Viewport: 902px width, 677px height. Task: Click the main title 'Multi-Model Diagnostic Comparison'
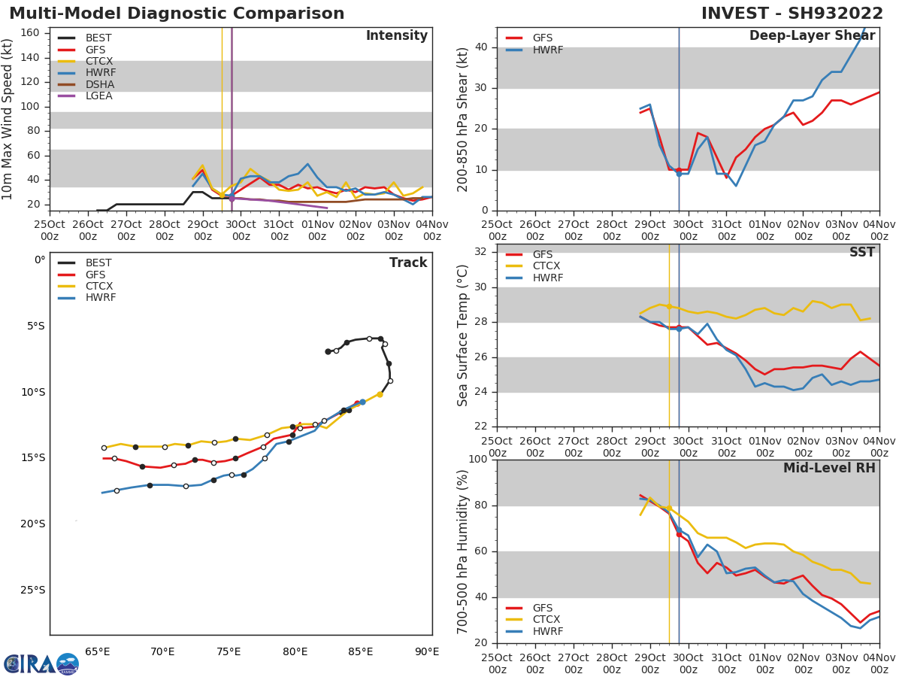pos(177,14)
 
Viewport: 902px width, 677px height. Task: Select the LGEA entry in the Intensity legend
pos(98,96)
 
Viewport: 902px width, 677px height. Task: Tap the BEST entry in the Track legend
pos(98,263)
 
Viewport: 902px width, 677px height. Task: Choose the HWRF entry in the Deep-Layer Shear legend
pos(547,50)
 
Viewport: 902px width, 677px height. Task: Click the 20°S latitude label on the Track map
pos(32,524)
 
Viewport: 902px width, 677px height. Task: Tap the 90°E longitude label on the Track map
pos(427,652)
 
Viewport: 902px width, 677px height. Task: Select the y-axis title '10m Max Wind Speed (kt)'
pos(8,119)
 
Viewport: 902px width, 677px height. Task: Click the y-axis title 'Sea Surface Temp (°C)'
pos(463,335)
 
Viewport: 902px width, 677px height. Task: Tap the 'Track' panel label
pos(407,263)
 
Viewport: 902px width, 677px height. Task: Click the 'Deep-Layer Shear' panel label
pos(812,36)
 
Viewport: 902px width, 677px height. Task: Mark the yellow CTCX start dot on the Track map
pos(380,394)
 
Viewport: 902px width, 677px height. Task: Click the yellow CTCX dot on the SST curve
pos(669,306)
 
